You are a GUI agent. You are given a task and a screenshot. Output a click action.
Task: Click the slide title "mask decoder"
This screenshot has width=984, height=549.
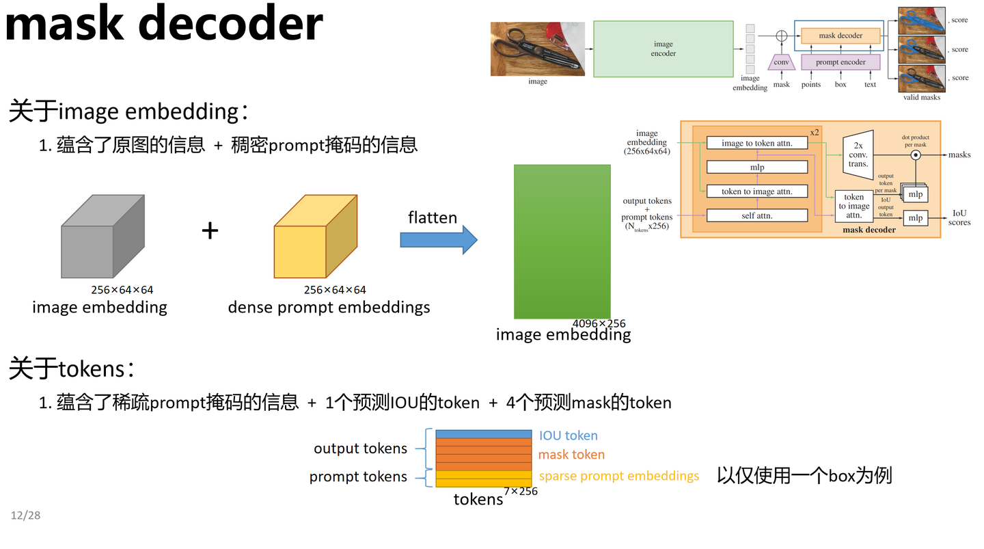(164, 23)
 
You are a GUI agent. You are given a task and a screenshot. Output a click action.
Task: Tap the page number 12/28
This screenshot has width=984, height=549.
(25, 515)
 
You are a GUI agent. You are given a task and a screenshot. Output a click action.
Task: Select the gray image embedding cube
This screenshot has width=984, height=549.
(102, 237)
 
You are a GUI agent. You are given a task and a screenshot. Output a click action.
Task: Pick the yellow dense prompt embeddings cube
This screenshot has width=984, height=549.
(315, 237)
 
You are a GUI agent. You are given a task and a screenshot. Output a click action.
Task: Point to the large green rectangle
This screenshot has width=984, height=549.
(562, 241)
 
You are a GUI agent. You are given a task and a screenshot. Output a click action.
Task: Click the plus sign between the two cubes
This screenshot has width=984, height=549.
(210, 231)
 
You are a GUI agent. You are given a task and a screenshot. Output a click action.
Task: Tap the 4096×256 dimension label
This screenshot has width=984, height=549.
(599, 323)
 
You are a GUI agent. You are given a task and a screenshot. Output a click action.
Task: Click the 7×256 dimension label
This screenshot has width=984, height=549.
(521, 491)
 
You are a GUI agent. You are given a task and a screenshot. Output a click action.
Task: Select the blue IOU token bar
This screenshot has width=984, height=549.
(483, 434)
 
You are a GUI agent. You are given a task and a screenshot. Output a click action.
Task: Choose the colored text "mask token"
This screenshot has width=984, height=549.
(571, 455)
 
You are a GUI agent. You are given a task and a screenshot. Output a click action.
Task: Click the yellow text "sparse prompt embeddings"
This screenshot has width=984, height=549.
(618, 476)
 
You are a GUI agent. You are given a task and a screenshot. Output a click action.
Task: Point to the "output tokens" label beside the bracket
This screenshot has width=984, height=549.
(360, 448)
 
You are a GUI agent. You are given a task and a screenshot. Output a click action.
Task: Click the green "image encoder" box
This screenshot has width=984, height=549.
(663, 49)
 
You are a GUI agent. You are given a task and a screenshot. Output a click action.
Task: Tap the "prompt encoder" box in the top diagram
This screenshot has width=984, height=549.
(840, 62)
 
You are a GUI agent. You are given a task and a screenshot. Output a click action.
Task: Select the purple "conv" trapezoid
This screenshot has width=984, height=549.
(781, 62)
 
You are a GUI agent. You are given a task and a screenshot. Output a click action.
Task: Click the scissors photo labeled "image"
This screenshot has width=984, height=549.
(537, 49)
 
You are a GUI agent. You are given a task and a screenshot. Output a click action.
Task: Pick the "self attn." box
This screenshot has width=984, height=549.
(756, 215)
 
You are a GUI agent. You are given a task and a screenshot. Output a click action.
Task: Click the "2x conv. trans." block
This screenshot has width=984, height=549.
(858, 155)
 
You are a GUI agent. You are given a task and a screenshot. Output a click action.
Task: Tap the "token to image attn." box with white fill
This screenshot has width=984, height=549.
(756, 191)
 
